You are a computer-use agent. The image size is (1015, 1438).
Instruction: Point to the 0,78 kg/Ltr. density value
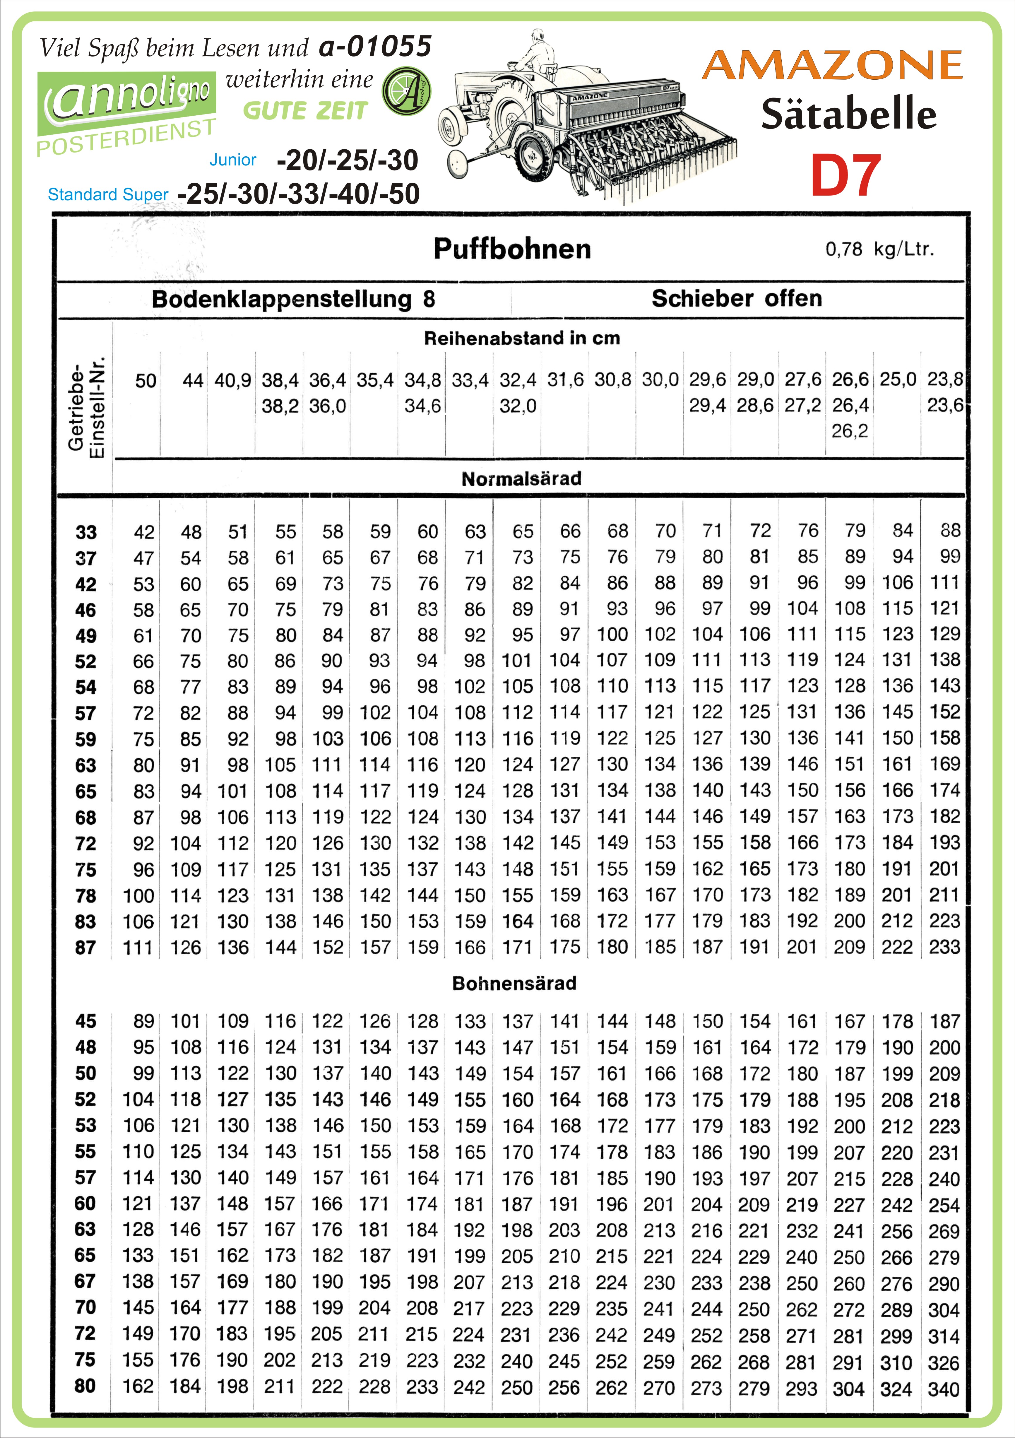(879, 249)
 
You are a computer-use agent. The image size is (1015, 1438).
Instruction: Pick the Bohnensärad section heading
(514, 983)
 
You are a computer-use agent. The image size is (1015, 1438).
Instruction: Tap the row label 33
(86, 532)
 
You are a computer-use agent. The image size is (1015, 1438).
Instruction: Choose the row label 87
(86, 948)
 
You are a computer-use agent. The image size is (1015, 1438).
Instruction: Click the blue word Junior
(233, 160)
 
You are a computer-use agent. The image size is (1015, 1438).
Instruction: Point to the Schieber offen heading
(736, 298)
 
